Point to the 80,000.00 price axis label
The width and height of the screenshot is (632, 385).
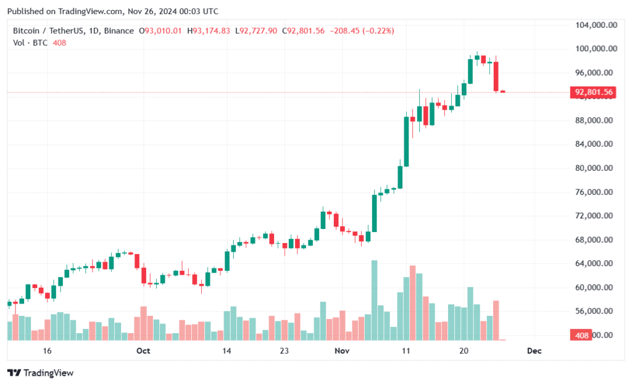pos(595,168)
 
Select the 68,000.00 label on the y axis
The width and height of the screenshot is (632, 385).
pos(595,240)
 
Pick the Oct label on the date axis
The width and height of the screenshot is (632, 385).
pos(143,350)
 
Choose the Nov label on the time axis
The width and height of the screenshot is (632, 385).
pos(342,350)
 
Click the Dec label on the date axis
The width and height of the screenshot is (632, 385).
pos(534,350)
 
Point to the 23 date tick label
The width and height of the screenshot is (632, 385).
pos(285,350)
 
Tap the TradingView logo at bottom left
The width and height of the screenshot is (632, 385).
pos(41,373)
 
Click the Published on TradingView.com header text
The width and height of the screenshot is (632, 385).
pos(113,11)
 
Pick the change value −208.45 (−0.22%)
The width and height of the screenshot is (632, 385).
pos(362,30)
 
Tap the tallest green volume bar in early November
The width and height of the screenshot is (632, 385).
pos(374,300)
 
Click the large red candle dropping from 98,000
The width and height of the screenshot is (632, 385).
pos(496,77)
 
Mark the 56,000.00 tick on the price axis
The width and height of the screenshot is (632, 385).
pos(595,312)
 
